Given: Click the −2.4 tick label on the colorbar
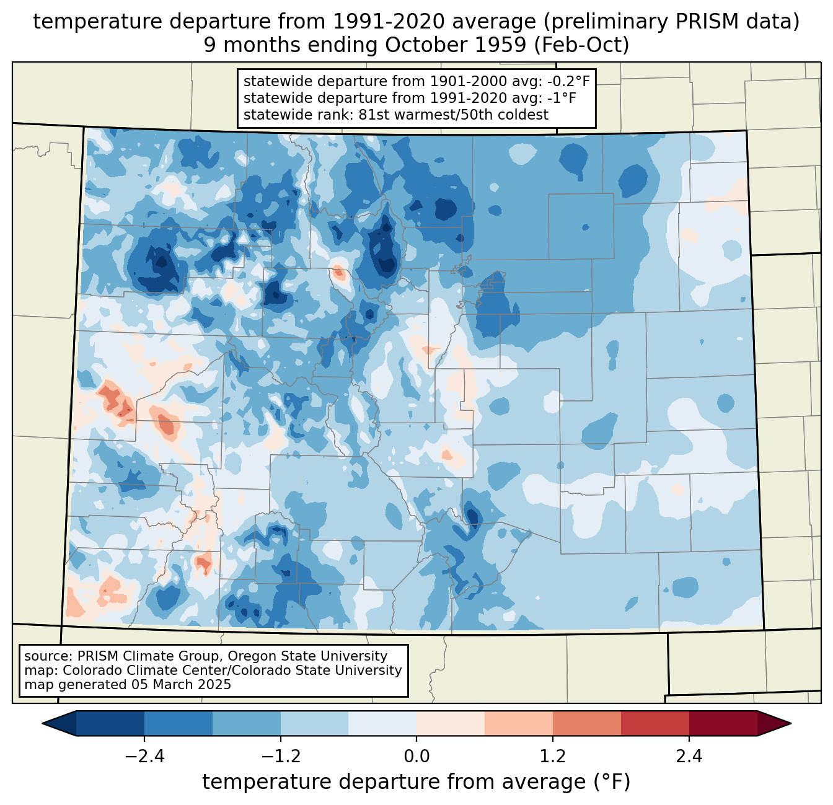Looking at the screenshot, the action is click(144, 757).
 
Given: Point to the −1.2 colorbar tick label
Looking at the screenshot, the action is click(281, 757).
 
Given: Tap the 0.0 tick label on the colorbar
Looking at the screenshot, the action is click(416, 757).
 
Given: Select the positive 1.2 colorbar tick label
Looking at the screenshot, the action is click(553, 757).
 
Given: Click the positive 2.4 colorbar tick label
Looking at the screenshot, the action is click(689, 757).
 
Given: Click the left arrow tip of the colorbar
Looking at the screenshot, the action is click(42, 723).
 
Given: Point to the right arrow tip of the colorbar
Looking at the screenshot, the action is click(791, 723).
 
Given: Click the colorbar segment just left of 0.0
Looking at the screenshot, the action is click(382, 723).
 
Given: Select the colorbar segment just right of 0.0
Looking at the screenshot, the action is click(451, 723).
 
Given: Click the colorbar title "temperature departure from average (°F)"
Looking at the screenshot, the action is click(416, 782).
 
